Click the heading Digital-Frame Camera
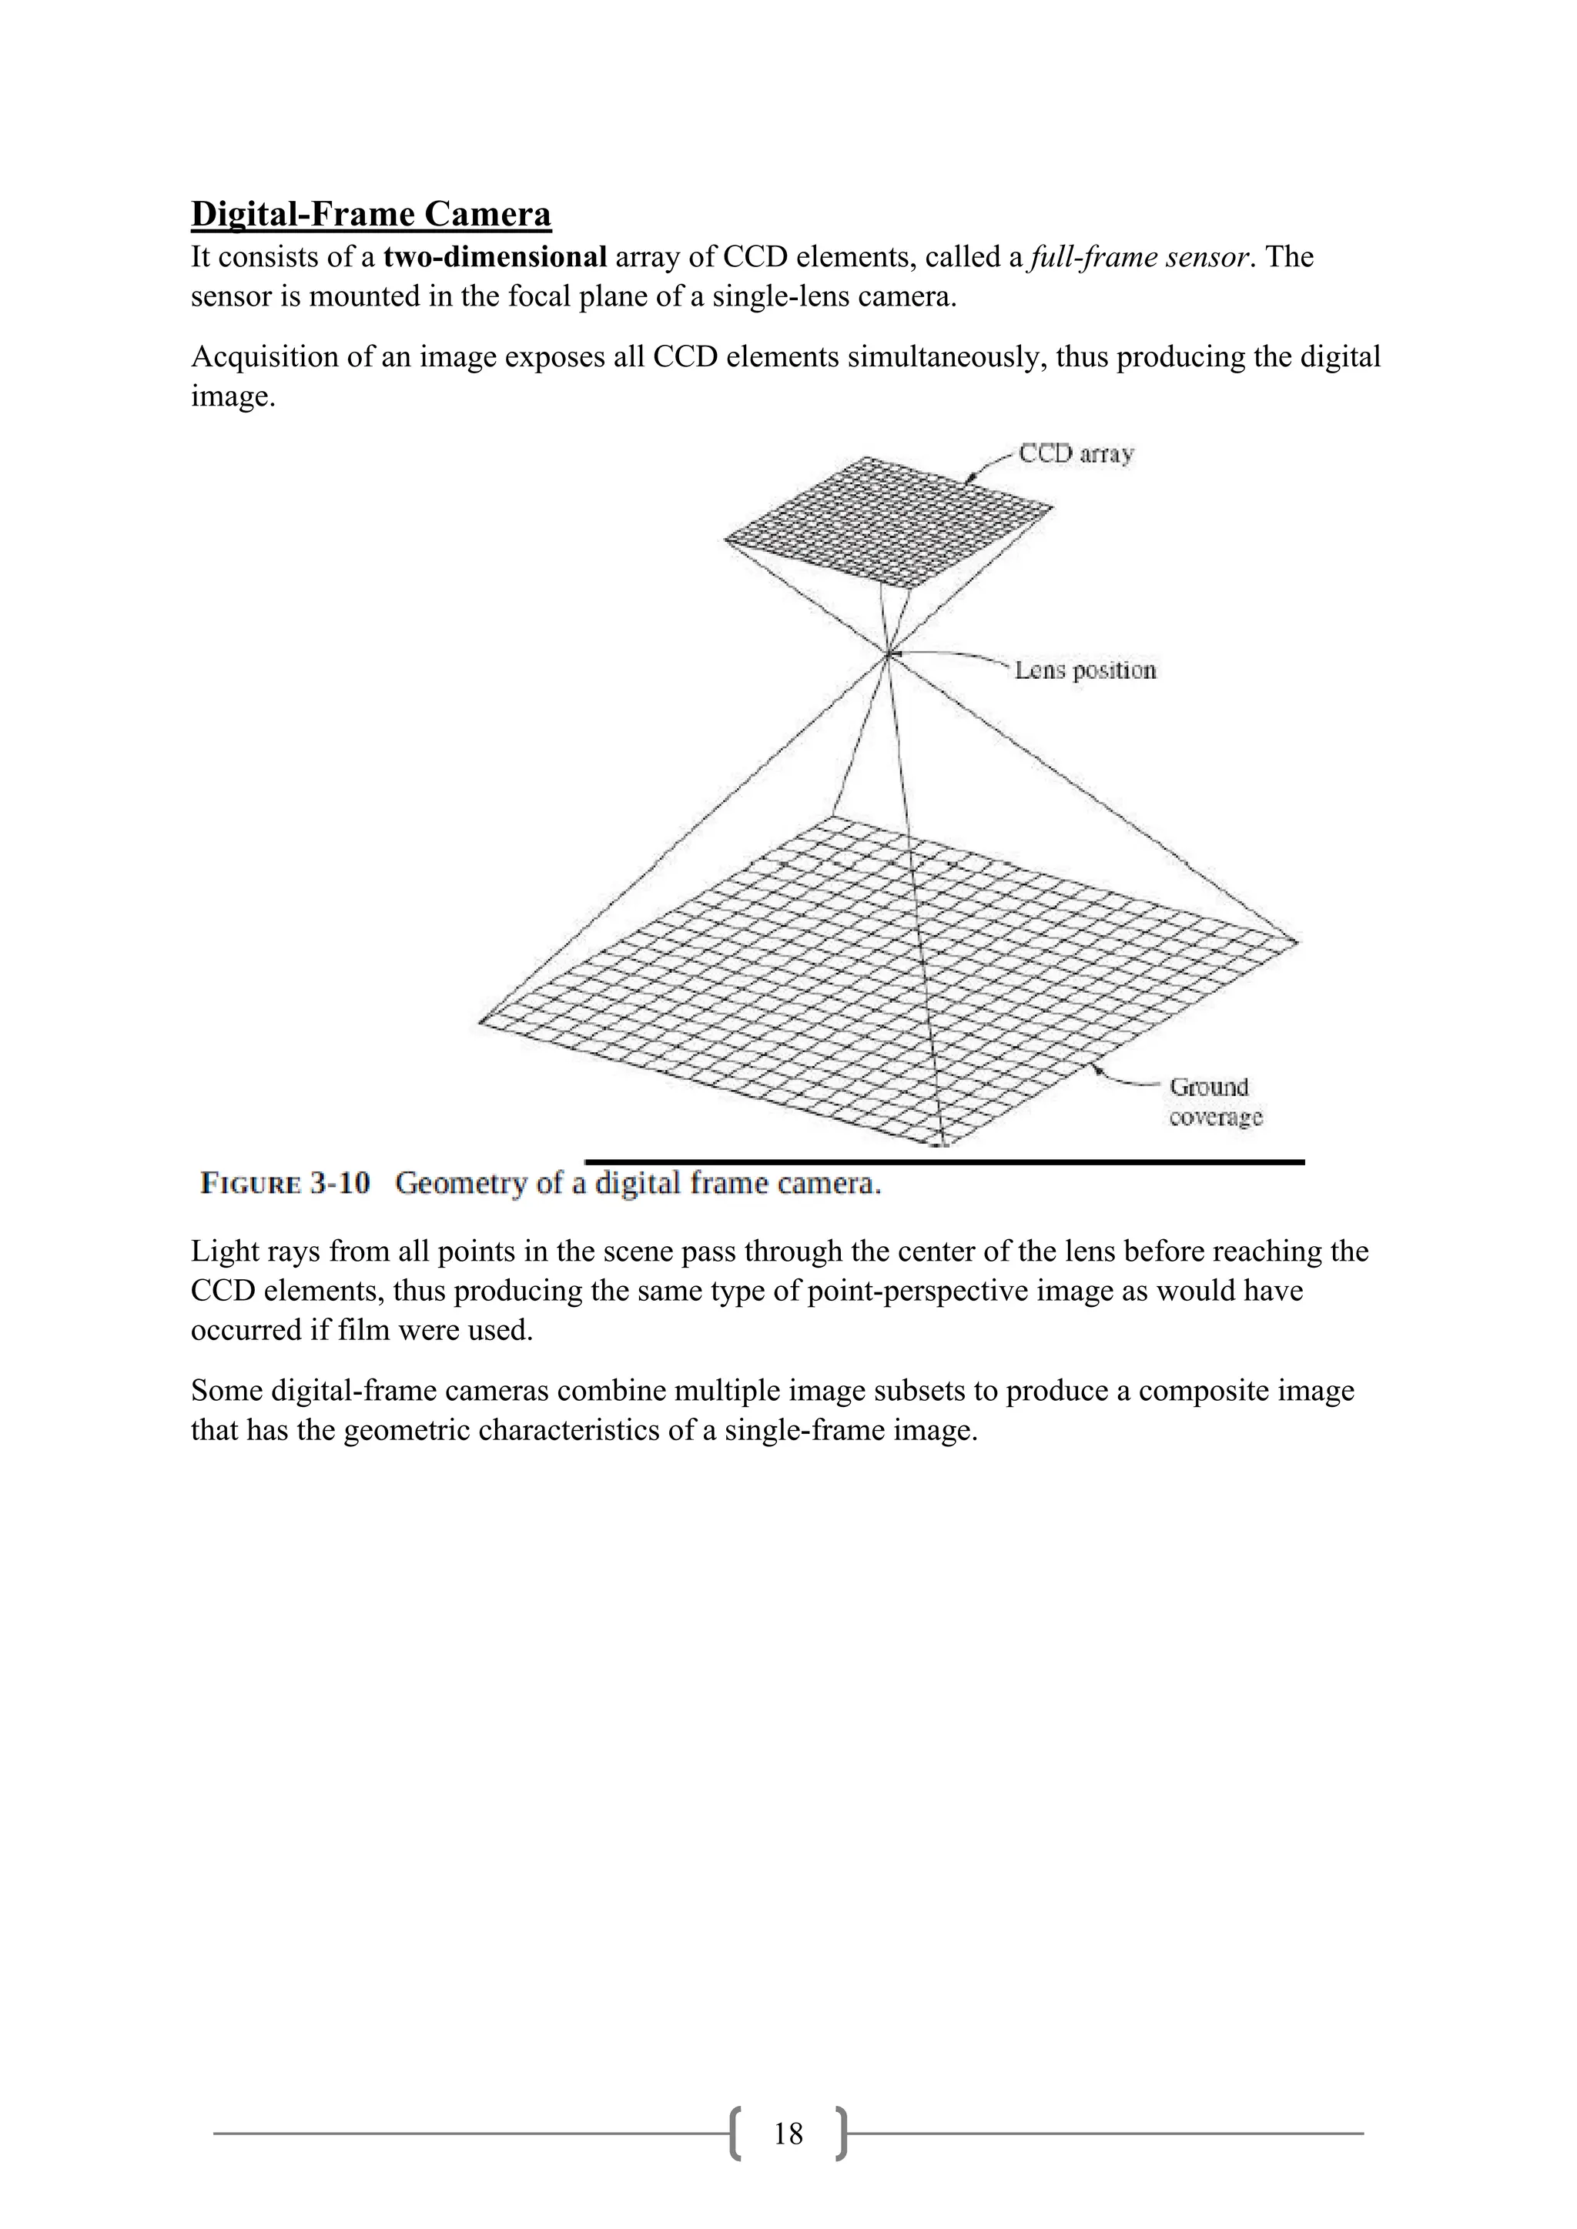click(x=371, y=213)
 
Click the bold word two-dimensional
click(x=495, y=257)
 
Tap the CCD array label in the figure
click(x=1076, y=454)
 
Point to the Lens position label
click(x=1086, y=671)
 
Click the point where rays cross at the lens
click(x=888, y=657)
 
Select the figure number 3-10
click(x=340, y=1184)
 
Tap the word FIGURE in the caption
click(x=250, y=1184)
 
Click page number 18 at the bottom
click(x=788, y=2134)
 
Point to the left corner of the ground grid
click(x=480, y=1021)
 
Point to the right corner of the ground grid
click(x=1297, y=940)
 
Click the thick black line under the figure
click(x=944, y=1161)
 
